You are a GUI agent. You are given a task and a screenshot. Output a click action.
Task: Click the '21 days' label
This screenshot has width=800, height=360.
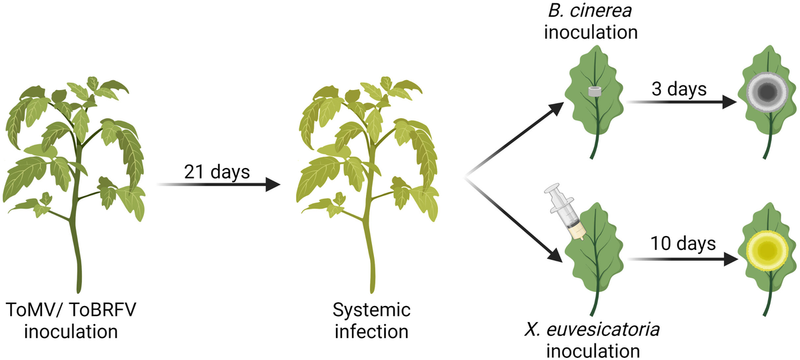click(x=216, y=172)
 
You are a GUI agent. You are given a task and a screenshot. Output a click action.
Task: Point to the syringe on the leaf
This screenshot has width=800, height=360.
click(x=563, y=207)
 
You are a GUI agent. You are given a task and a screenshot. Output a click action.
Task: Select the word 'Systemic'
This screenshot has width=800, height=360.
click(x=373, y=311)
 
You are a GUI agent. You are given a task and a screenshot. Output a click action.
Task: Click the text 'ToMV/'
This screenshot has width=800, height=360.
click(x=33, y=311)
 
